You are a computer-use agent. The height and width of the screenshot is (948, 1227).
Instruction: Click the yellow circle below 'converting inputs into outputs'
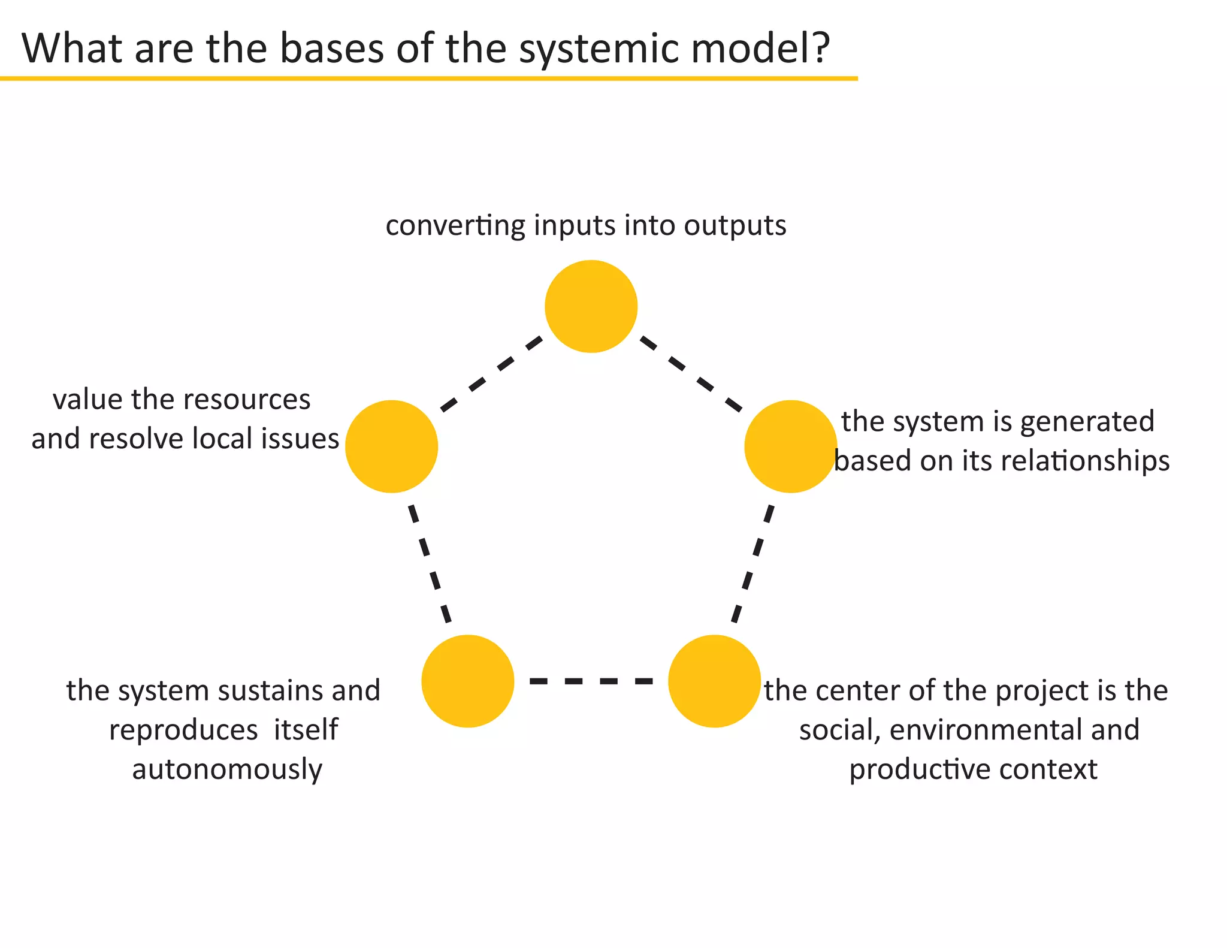591,306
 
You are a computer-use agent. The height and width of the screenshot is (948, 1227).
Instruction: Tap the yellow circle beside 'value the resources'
391,446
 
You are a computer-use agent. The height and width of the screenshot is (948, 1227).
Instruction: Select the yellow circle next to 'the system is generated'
790,446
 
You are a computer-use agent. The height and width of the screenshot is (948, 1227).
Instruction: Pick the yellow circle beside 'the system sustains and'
468,681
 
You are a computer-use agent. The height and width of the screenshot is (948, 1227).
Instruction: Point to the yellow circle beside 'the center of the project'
714,681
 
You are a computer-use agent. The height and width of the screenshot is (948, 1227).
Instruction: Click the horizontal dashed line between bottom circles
591,681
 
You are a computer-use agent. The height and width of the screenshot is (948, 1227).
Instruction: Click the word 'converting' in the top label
455,227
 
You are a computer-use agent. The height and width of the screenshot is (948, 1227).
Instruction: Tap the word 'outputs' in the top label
735,225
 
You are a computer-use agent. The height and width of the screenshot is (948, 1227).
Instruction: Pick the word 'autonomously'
227,770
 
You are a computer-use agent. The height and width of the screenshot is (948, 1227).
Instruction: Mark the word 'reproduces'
183,730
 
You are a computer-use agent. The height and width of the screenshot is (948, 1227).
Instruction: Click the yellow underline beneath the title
428,79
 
